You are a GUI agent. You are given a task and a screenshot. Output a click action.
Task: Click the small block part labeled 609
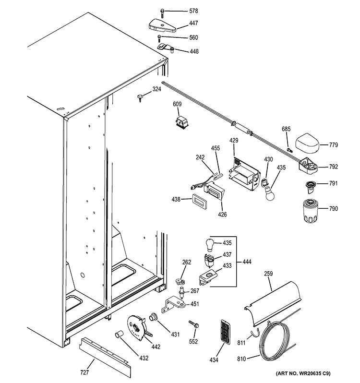pos(180,123)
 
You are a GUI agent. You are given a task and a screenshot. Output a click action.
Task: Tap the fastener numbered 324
pos(140,98)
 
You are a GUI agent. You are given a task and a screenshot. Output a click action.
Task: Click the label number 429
pos(234,141)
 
